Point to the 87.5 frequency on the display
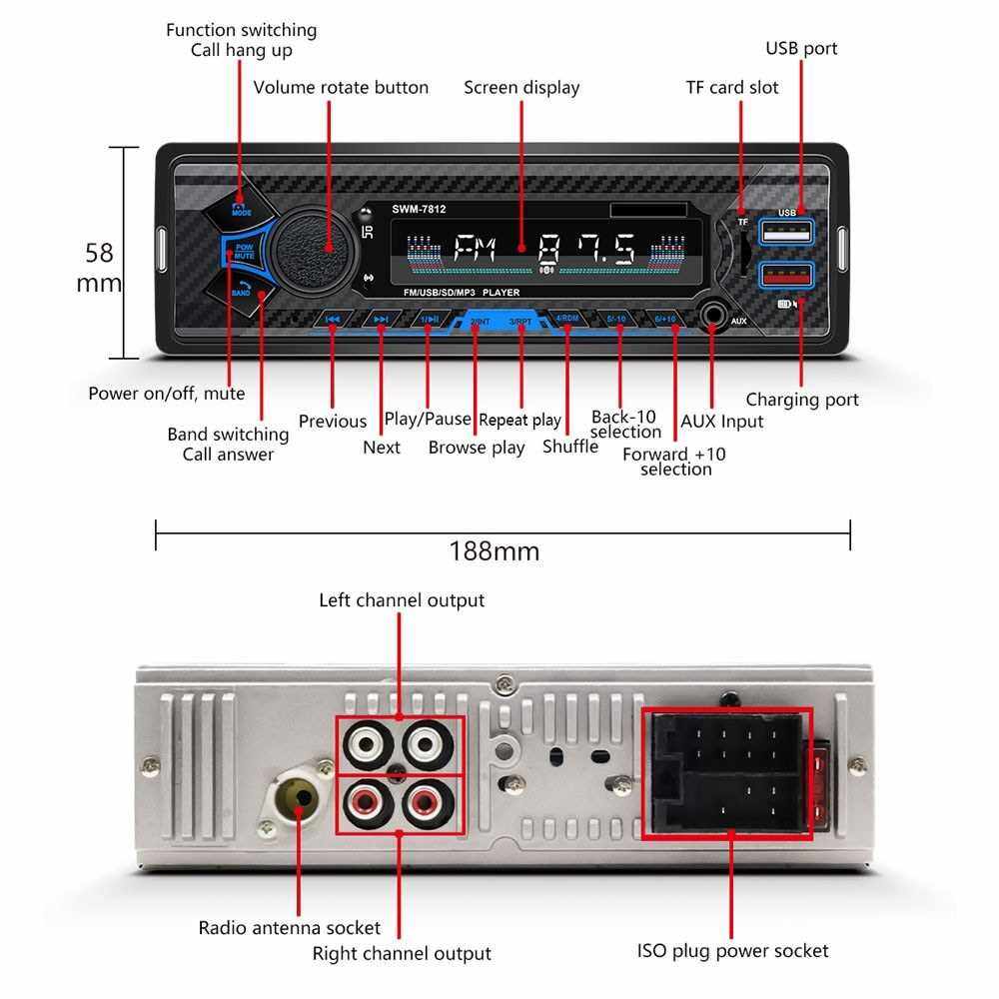pyautogui.click(x=585, y=249)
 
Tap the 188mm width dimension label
pyautogui.click(x=495, y=551)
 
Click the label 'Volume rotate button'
pyautogui.click(x=341, y=88)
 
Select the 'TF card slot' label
pyautogui.click(x=732, y=88)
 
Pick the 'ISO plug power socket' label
pyautogui.click(x=732, y=950)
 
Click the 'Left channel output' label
pyautogui.click(x=402, y=600)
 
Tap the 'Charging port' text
pyautogui.click(x=802, y=400)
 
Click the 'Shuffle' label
pyautogui.click(x=570, y=447)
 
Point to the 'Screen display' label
pyautogui.click(x=521, y=88)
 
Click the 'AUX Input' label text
pyautogui.click(x=721, y=422)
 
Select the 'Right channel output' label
pyautogui.click(x=402, y=954)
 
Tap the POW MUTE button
pyautogui.click(x=243, y=252)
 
